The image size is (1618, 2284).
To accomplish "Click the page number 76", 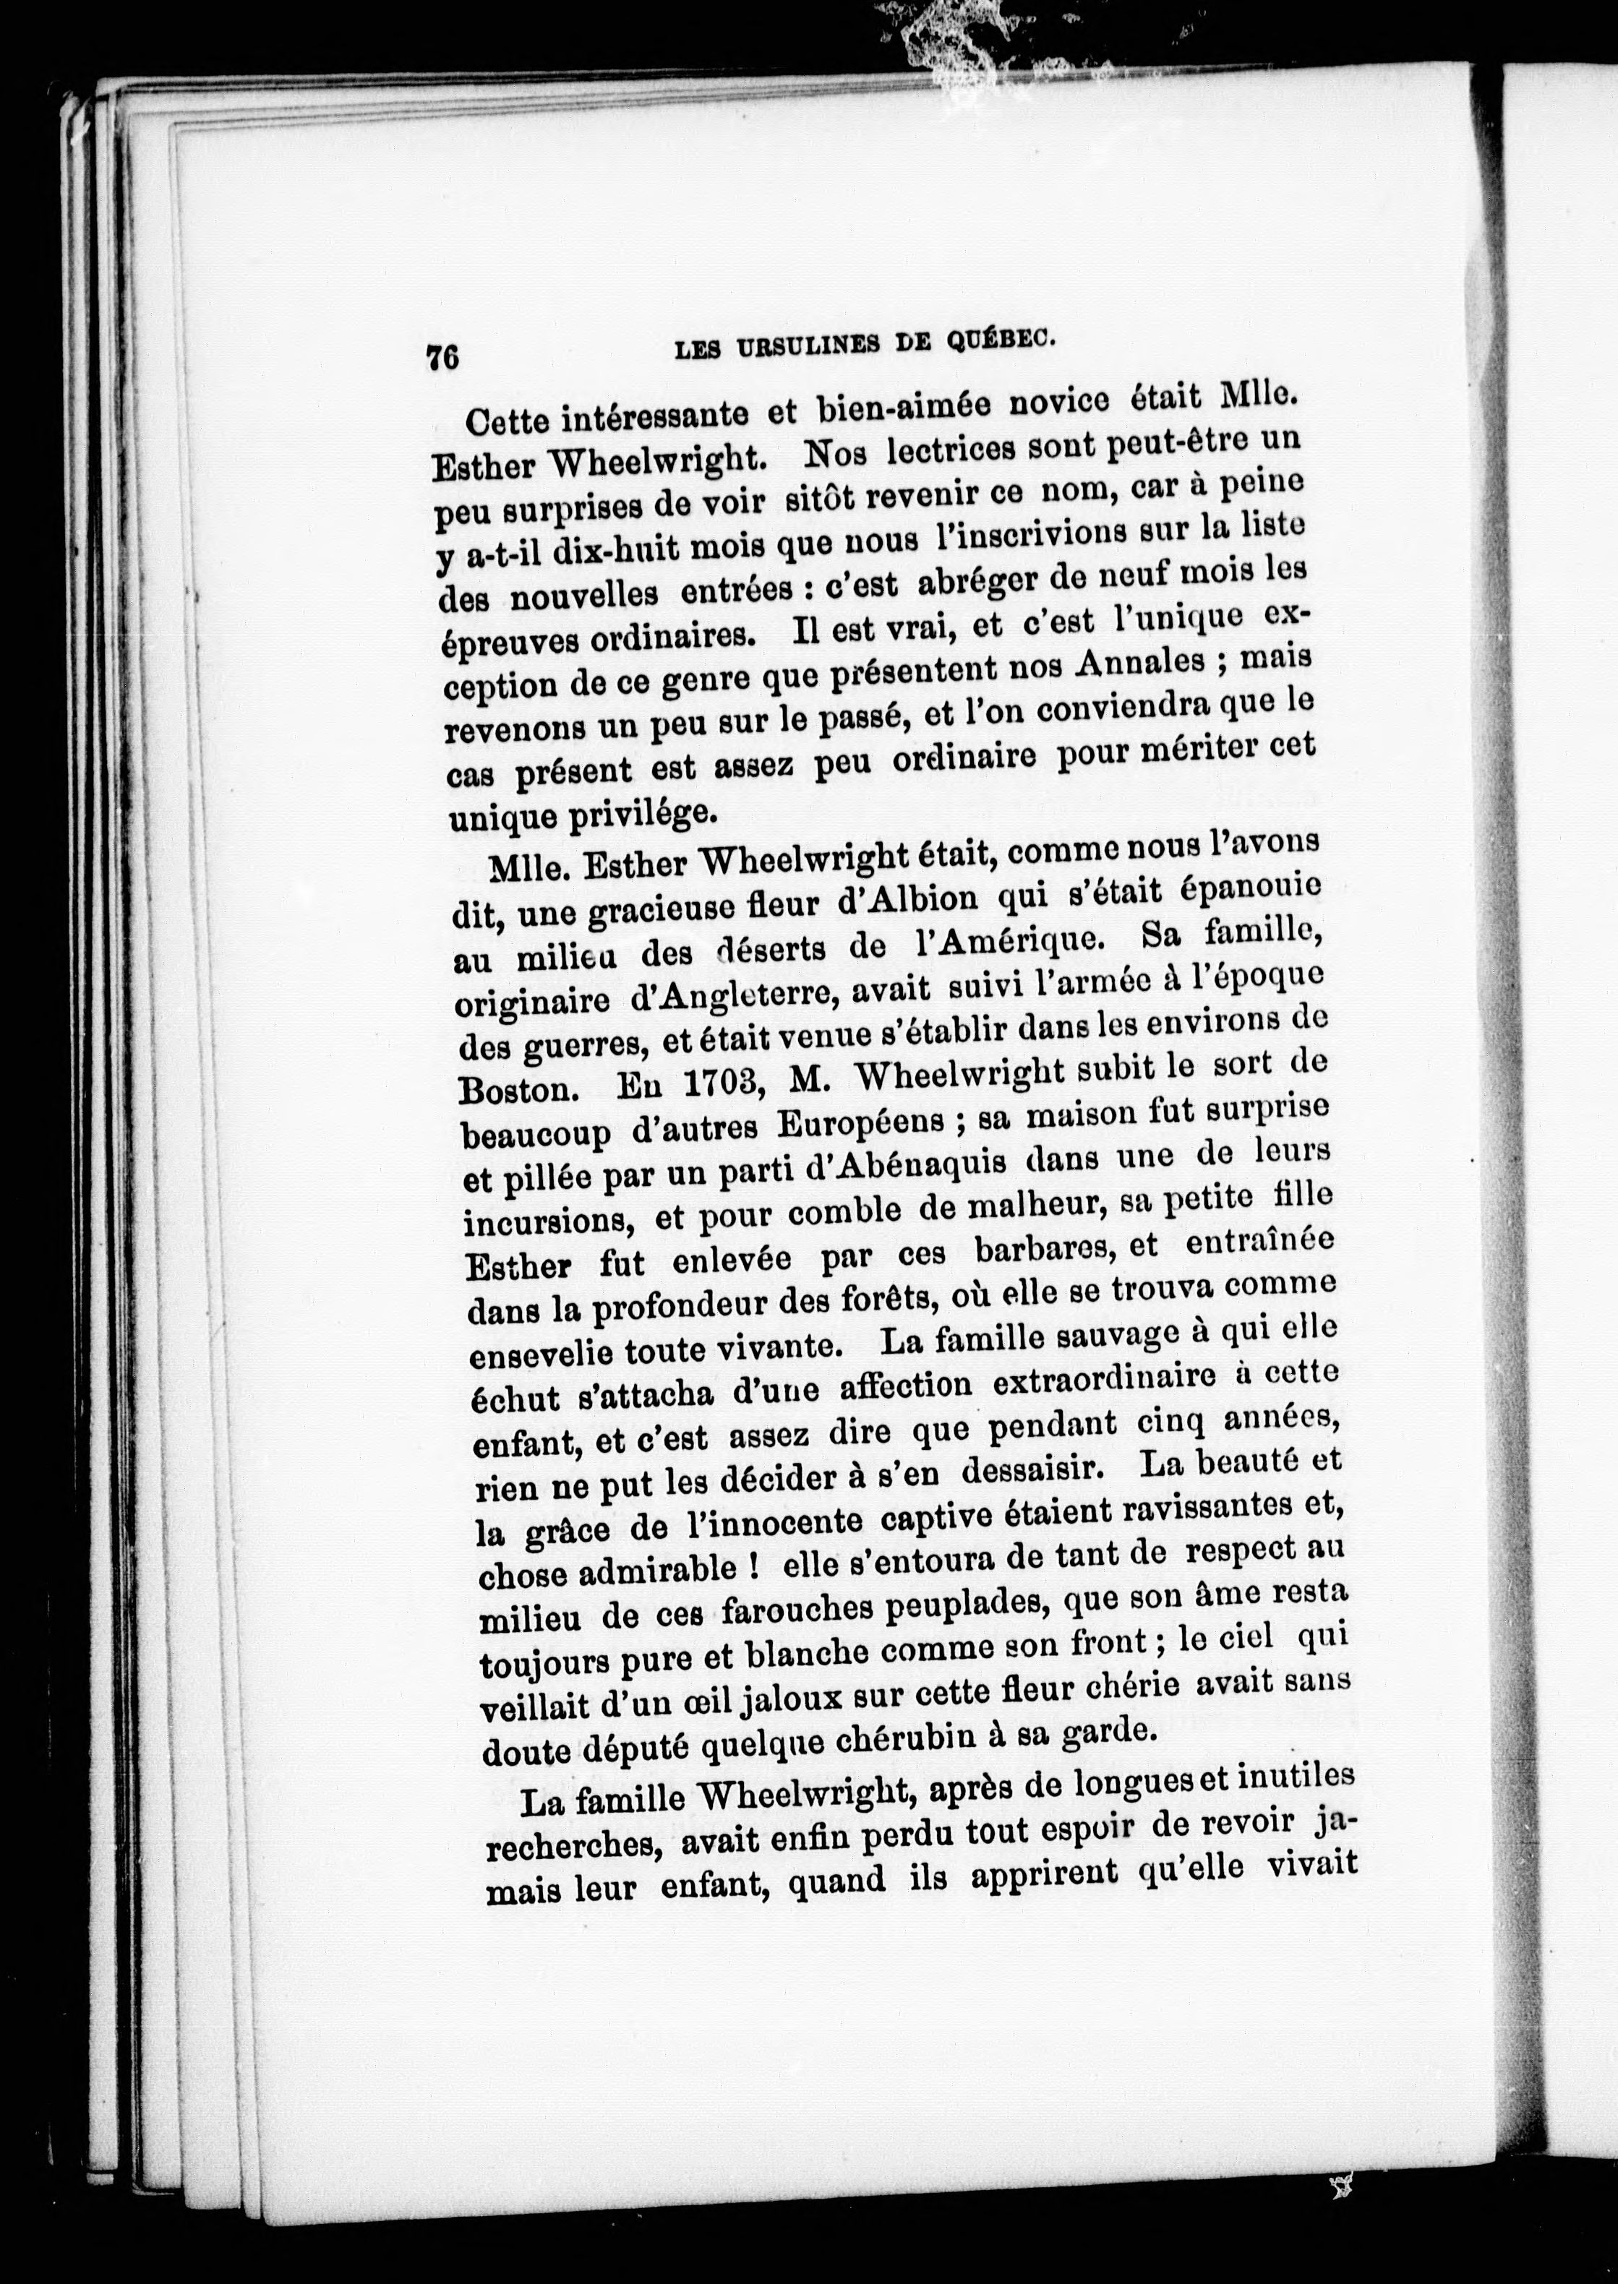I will click(x=441, y=356).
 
